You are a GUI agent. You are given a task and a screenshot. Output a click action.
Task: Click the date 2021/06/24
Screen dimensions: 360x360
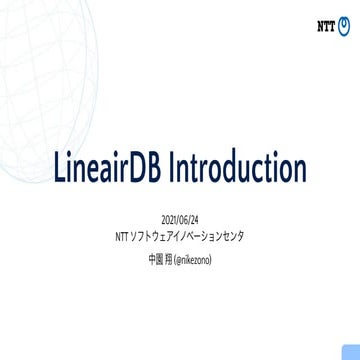click(x=180, y=219)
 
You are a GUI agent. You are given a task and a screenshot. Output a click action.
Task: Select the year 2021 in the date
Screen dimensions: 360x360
click(x=169, y=219)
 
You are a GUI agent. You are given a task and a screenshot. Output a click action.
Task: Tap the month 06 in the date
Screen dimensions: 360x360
click(x=183, y=219)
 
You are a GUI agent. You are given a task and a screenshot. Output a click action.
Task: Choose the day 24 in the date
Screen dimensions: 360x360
click(x=194, y=219)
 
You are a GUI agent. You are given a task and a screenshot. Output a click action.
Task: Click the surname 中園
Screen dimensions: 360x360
click(x=154, y=259)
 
